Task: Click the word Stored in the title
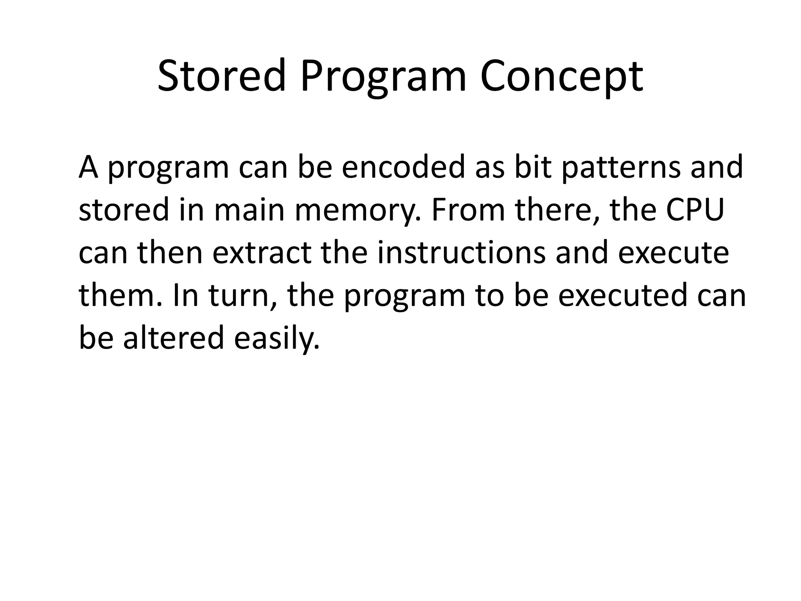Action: (221, 76)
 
